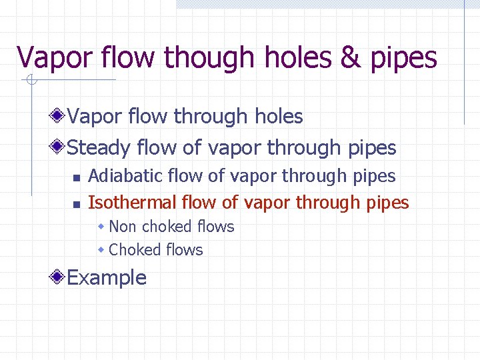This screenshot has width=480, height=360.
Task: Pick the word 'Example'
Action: (x=107, y=277)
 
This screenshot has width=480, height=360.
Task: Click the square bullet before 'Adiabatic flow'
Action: (x=76, y=178)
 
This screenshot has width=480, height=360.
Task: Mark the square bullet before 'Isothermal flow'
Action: (x=76, y=204)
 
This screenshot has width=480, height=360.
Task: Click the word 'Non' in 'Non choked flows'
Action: (x=122, y=227)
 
